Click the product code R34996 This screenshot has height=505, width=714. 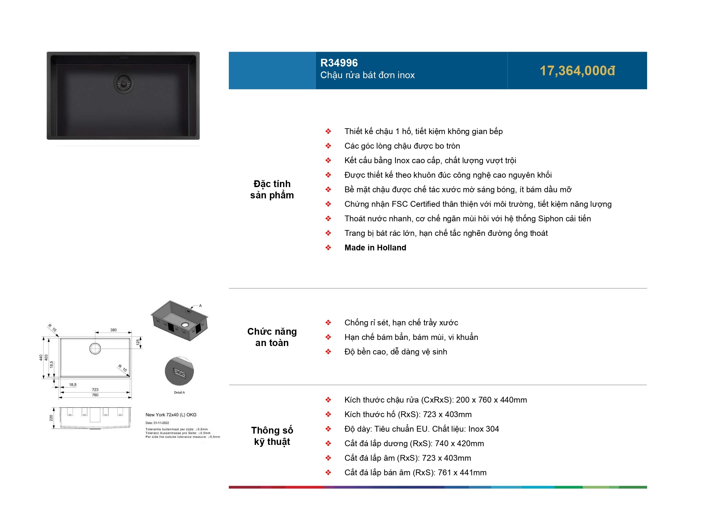[x=339, y=63]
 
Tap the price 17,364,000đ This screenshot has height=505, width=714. [x=577, y=71]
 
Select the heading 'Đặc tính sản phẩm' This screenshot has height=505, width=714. [x=272, y=189]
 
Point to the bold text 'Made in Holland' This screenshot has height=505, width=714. [x=375, y=248]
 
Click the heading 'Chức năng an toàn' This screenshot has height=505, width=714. [x=272, y=337]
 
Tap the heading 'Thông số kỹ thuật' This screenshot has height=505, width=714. [x=272, y=436]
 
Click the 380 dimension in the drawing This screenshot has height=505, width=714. [x=113, y=330]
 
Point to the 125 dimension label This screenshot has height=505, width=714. [x=138, y=342]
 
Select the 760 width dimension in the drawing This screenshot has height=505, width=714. [x=95, y=395]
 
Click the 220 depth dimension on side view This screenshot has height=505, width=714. [x=51, y=418]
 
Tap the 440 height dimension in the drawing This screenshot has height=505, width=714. [x=41, y=358]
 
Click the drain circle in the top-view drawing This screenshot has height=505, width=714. [x=95, y=349]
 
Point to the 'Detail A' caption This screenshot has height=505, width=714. [x=179, y=393]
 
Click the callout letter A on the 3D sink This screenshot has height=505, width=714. [x=200, y=305]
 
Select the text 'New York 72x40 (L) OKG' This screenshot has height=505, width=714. [x=171, y=415]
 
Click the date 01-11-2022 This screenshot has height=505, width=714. [x=162, y=423]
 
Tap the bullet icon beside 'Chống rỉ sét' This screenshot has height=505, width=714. [x=328, y=322]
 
